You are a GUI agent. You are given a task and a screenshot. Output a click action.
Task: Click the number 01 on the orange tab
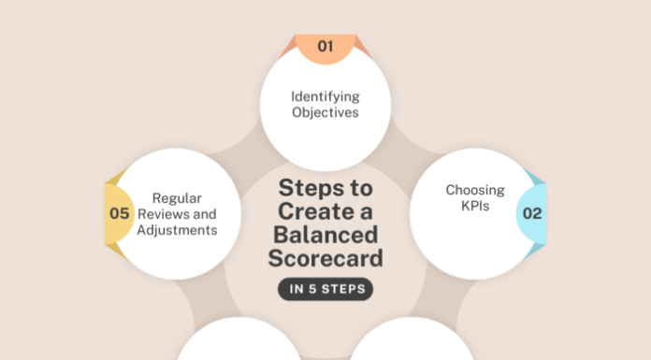pyautogui.click(x=325, y=46)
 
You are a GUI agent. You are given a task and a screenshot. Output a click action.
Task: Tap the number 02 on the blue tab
pyautogui.click(x=532, y=213)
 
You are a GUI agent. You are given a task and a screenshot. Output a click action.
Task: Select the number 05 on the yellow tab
pyautogui.click(x=119, y=213)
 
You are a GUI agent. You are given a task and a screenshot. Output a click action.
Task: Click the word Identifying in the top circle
pyautogui.click(x=325, y=96)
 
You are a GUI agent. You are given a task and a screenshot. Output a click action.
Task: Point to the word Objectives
pyautogui.click(x=325, y=113)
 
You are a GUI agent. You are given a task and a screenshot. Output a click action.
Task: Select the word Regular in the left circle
pyautogui.click(x=178, y=198)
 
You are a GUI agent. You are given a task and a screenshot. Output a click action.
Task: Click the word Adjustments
pyautogui.click(x=177, y=230)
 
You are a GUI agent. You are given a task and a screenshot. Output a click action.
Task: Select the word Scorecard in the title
pyautogui.click(x=325, y=256)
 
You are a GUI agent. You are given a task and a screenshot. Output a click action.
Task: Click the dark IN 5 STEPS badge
pyautogui.click(x=325, y=289)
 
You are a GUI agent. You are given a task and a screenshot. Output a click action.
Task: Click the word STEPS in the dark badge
pyautogui.click(x=343, y=289)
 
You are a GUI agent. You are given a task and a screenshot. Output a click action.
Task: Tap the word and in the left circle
pyautogui.click(x=205, y=214)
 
